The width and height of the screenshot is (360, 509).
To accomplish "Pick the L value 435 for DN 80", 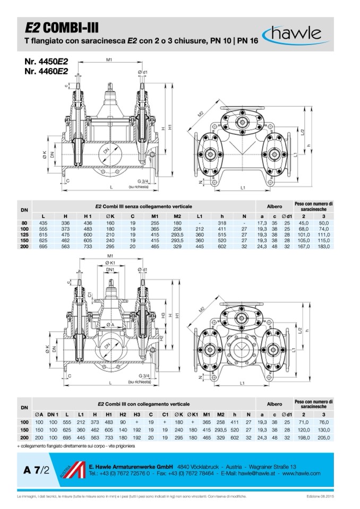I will (45, 223).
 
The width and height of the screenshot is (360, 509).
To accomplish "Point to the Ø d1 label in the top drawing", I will (142, 72).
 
